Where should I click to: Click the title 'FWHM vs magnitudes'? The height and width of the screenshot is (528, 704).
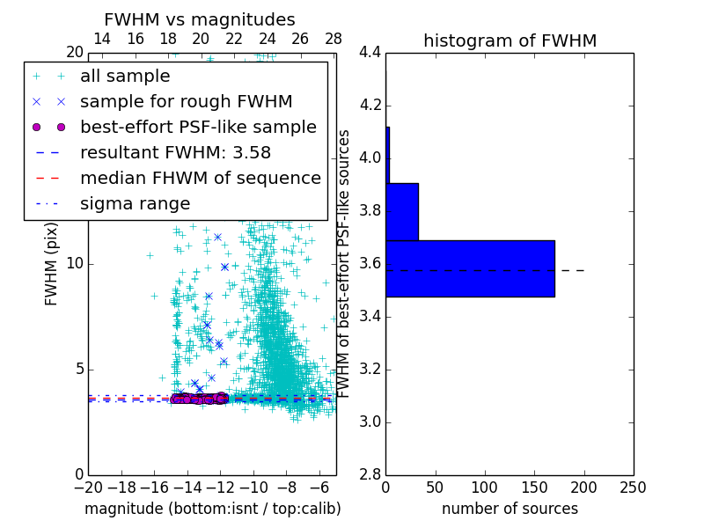click(200, 19)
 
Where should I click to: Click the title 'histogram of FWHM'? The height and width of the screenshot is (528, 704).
click(510, 40)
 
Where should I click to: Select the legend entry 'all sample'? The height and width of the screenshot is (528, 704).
click(125, 77)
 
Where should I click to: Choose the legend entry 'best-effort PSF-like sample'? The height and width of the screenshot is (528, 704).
click(198, 128)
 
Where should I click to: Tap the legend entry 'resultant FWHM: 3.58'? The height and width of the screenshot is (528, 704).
click(175, 153)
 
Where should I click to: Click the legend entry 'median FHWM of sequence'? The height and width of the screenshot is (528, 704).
click(200, 179)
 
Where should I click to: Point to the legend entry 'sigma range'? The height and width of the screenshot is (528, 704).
click(135, 204)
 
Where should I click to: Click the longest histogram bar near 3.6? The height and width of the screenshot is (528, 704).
click(470, 268)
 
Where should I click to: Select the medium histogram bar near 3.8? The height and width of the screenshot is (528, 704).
click(402, 211)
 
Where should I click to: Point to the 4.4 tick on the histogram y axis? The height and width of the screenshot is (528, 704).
click(370, 53)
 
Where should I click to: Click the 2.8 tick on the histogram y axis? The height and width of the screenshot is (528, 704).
click(370, 474)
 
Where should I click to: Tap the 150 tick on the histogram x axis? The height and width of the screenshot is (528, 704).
click(534, 488)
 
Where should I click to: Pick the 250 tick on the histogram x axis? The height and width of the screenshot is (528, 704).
click(633, 488)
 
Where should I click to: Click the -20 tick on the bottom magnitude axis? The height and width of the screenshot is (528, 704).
click(88, 488)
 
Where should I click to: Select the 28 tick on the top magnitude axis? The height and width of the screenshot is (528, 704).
click(334, 39)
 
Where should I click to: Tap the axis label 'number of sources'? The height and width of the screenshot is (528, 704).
click(510, 509)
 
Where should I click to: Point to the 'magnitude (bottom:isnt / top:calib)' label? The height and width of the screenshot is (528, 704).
click(212, 509)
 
